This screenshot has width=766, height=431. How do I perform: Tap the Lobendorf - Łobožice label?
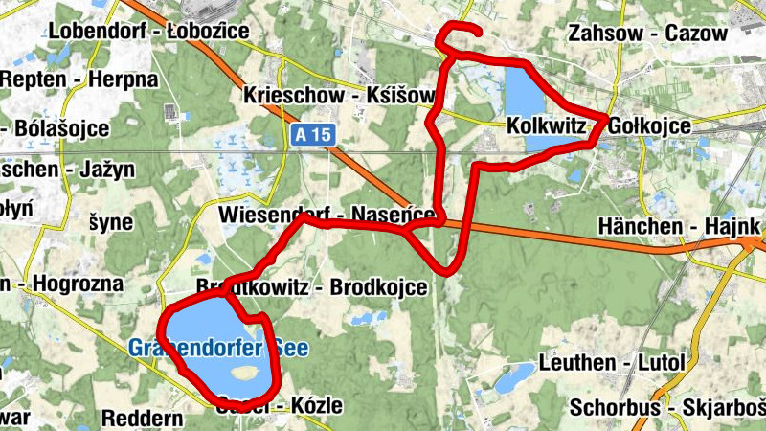pyautogui.click(x=148, y=31)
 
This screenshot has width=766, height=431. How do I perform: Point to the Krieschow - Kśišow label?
pyautogui.click(x=339, y=96)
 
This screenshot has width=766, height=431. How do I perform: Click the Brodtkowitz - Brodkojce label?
pyautogui.click(x=311, y=287)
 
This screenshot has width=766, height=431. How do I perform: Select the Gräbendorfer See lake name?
pyautogui.click(x=218, y=348)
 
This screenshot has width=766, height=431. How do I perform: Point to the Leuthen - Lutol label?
pyautogui.click(x=613, y=363)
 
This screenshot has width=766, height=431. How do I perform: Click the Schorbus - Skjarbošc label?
pyautogui.click(x=666, y=406)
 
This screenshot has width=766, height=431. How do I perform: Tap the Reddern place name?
pyautogui.click(x=142, y=419)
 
